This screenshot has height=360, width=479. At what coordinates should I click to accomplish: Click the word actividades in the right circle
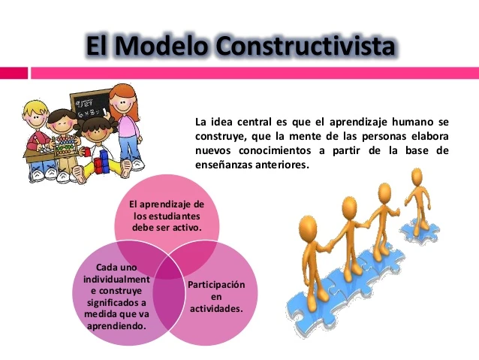coord(216,308)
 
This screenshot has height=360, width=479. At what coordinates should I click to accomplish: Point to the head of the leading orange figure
coord(417,177)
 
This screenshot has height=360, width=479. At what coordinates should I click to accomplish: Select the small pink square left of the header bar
coord(14,73)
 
